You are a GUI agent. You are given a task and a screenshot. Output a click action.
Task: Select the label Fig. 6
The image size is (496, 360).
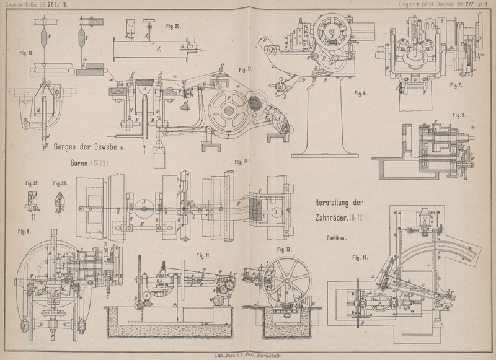point(360,94)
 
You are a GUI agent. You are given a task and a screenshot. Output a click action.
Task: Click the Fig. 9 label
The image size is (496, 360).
point(459,116)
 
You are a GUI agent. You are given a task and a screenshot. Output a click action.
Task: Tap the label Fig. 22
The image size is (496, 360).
point(33,183)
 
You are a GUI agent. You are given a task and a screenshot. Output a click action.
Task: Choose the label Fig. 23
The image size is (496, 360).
point(60,183)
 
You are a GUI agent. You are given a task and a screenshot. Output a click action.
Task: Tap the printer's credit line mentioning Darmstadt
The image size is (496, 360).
point(248,351)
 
